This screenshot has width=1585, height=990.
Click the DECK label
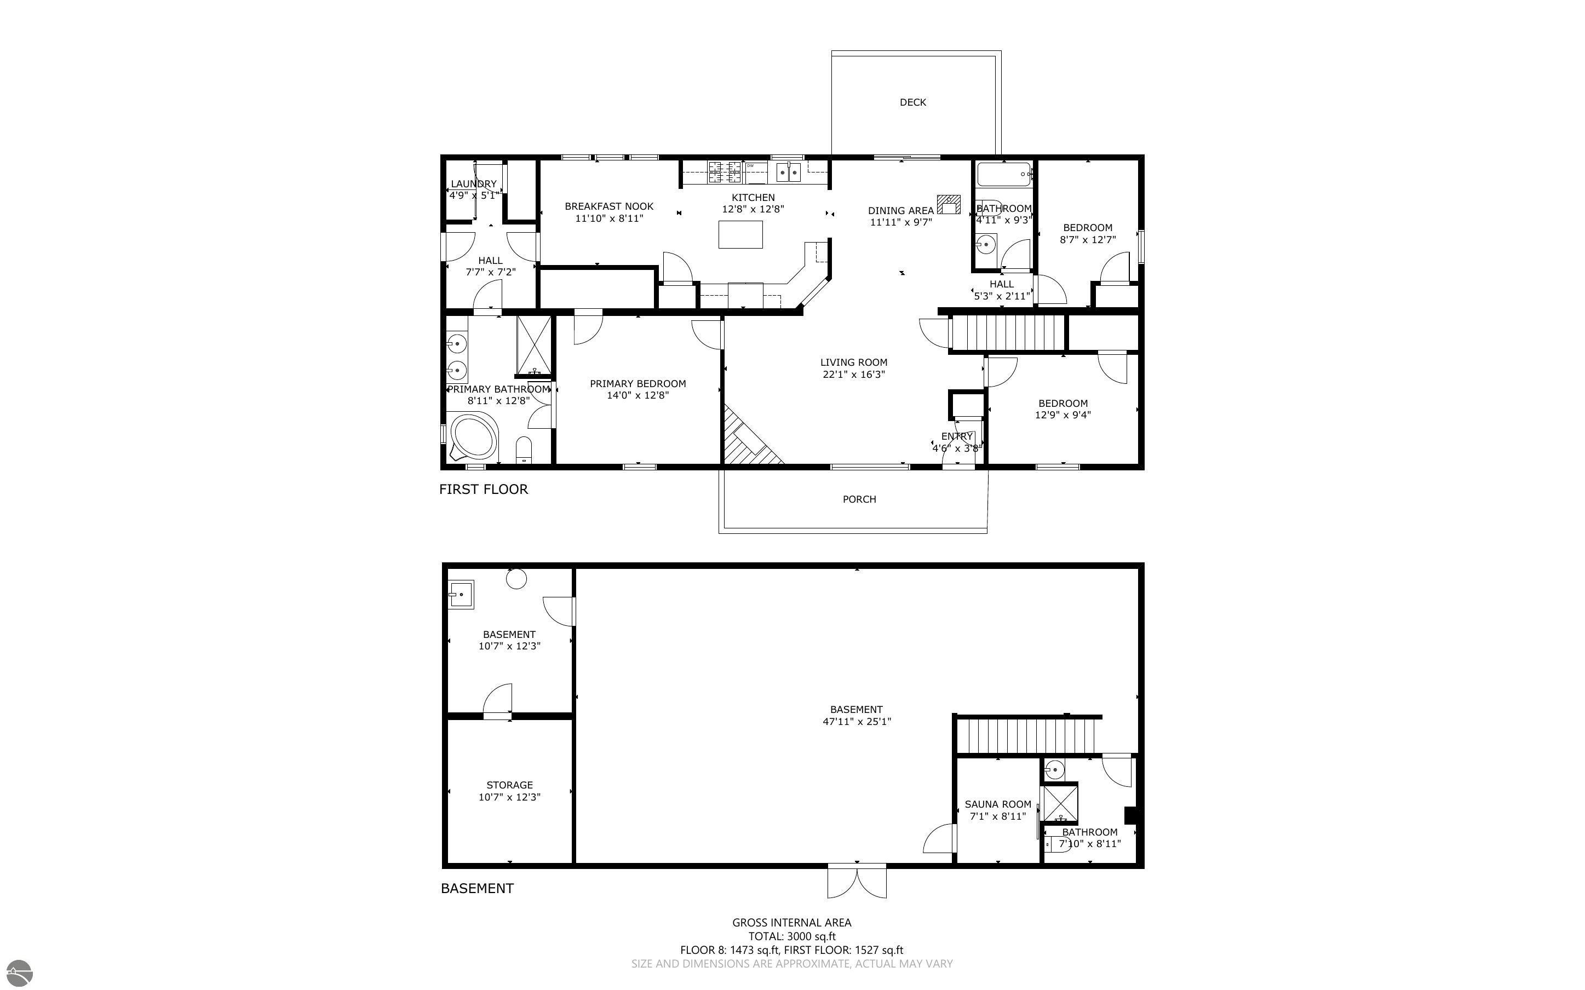912,102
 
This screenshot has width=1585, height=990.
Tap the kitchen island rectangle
740,234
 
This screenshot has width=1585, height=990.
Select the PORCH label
859,499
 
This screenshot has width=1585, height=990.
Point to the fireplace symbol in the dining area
949,204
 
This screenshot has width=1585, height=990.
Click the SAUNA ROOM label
998,804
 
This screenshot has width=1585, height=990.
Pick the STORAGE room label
509,785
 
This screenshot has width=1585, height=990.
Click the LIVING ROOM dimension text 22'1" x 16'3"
854,375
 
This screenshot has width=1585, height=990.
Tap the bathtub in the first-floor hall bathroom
1004,175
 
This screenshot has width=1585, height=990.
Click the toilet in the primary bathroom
524,451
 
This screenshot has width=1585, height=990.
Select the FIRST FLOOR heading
483,489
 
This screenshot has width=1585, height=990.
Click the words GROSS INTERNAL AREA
791,923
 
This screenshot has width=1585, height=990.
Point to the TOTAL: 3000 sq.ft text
791,936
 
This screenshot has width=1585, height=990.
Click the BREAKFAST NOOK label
609,206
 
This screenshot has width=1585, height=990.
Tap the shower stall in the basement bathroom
1060,803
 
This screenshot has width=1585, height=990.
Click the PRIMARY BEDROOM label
638,384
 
